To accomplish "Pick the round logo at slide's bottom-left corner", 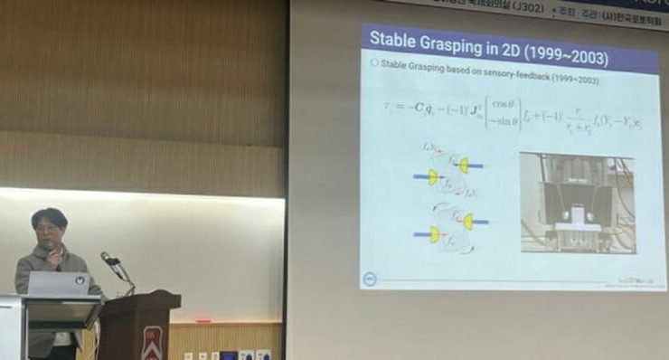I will tap(370, 278).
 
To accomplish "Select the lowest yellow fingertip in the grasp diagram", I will tap(436, 234).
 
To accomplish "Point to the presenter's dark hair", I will tap(49, 216).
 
